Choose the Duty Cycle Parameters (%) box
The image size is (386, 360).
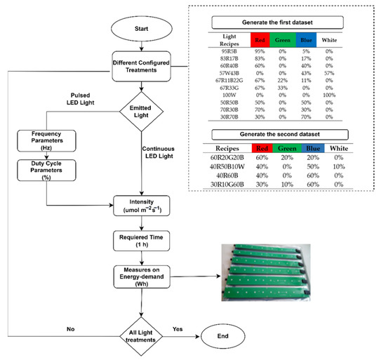point(47,172)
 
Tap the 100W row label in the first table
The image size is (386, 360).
point(227,96)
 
